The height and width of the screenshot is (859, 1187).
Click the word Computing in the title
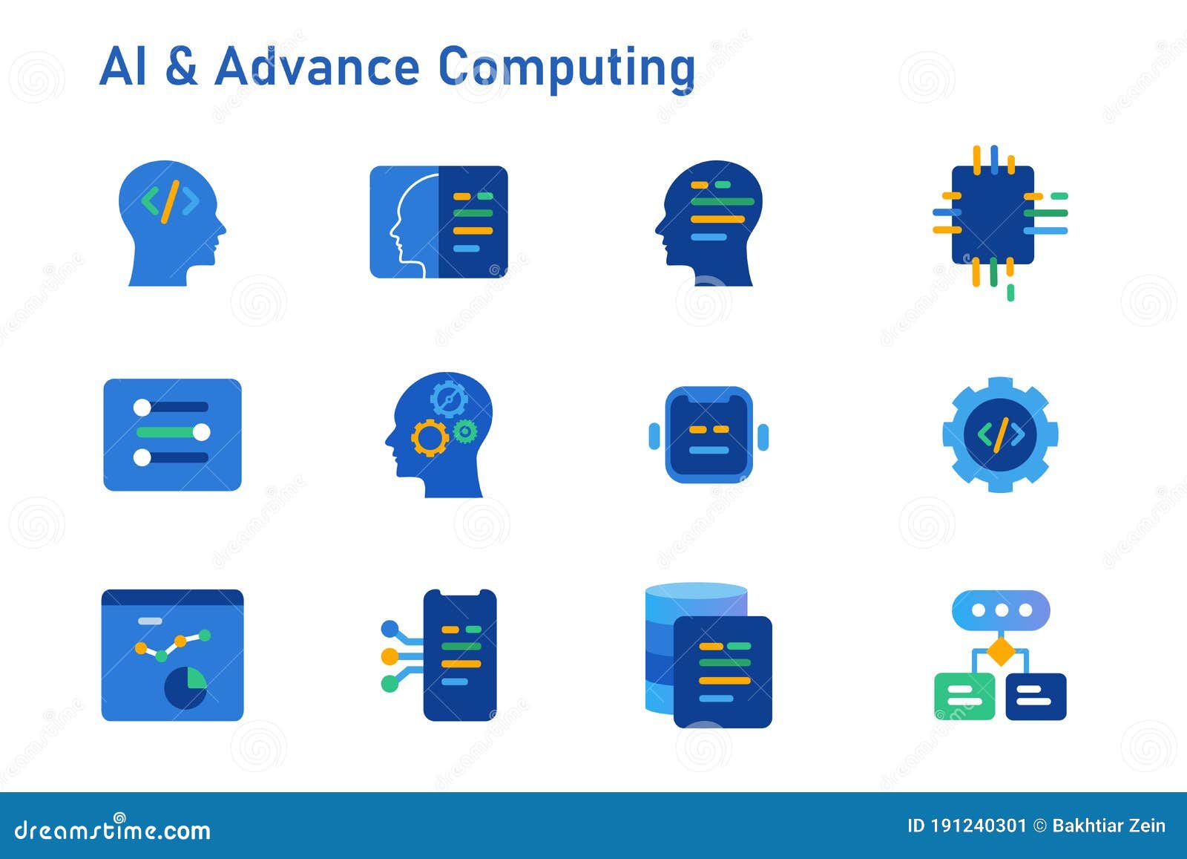(x=567, y=68)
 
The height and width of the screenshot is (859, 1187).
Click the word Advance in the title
(x=317, y=67)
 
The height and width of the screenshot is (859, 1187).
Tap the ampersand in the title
(x=181, y=67)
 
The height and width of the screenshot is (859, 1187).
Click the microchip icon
(x=993, y=215)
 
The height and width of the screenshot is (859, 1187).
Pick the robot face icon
(x=708, y=435)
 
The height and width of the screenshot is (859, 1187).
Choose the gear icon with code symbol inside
(x=1000, y=434)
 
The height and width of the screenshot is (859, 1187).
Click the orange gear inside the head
(x=430, y=437)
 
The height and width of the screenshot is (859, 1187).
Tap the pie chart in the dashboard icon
(x=185, y=687)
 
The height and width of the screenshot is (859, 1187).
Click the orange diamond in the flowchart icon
(x=1000, y=653)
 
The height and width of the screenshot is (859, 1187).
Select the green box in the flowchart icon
(x=964, y=696)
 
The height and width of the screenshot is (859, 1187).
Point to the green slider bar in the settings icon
(x=173, y=432)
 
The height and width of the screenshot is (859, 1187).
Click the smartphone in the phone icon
(x=460, y=655)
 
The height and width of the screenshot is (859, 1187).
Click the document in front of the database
(x=723, y=671)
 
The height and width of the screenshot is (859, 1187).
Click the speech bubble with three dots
(x=1000, y=610)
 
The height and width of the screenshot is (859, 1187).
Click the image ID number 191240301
(x=978, y=826)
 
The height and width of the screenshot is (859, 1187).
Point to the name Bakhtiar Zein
(x=1108, y=826)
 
